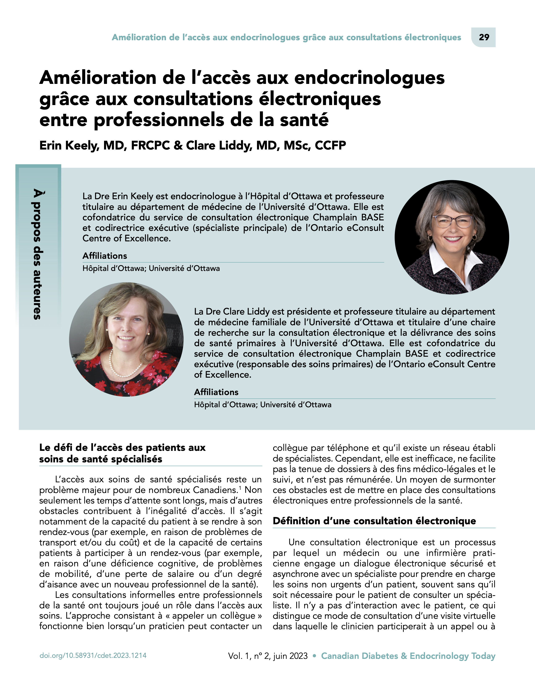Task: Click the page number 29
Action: pyautogui.click(x=484, y=37)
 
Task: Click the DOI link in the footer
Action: pyautogui.click(x=93, y=656)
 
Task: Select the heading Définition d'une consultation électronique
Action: pyautogui.click(x=374, y=521)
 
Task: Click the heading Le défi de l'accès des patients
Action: pyautogui.click(x=122, y=453)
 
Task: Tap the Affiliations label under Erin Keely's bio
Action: pyautogui.click(x=105, y=256)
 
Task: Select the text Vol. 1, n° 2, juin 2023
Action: pyautogui.click(x=268, y=656)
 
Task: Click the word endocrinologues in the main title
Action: pyautogui.click(x=369, y=78)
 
